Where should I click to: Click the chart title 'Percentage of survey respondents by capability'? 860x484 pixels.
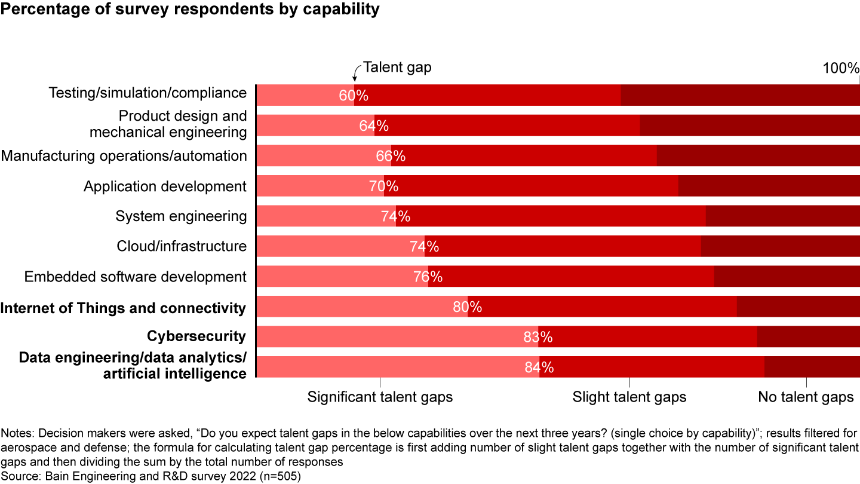[190, 10]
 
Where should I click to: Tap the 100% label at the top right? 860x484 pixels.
[841, 69]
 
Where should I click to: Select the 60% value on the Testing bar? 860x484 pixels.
[354, 95]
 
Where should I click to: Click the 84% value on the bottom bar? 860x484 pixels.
[539, 367]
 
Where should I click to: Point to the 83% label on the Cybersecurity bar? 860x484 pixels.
[538, 337]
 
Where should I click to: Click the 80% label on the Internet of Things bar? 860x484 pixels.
[467, 307]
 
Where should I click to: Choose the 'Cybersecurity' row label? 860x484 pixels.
[196, 336]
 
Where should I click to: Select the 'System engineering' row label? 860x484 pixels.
[181, 216]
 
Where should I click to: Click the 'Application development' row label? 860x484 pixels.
[165, 186]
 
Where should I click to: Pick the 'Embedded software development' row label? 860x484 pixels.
[136, 277]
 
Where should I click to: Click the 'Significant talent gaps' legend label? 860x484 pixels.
[380, 397]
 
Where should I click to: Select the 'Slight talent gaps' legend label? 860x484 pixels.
[629, 397]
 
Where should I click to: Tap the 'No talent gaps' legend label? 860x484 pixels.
[806, 397]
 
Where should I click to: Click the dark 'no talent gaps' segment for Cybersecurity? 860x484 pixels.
[808, 336]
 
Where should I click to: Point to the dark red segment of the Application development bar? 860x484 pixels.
[769, 186]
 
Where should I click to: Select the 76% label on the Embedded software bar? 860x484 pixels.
[428, 277]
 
